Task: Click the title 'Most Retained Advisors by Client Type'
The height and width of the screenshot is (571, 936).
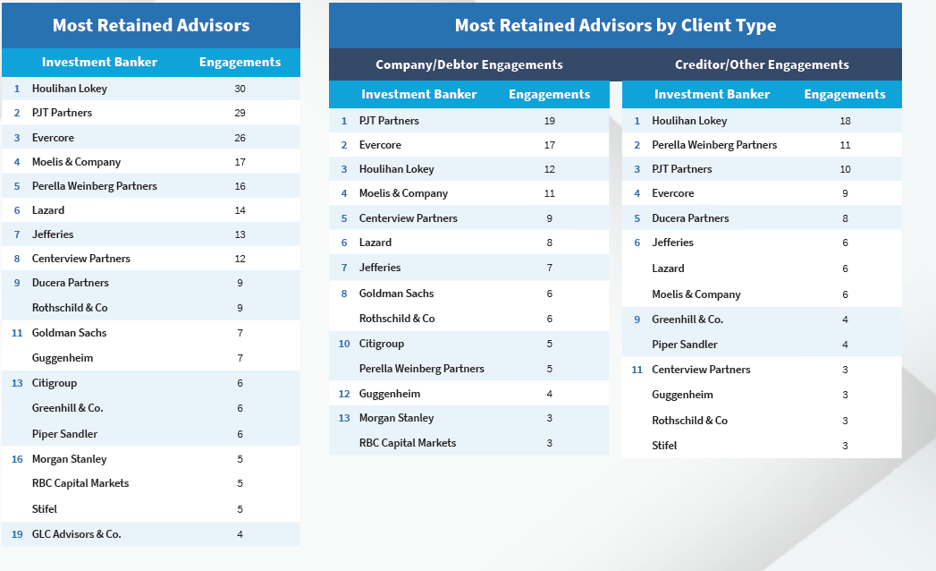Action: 615,25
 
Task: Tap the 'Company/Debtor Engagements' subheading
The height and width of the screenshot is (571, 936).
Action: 468,64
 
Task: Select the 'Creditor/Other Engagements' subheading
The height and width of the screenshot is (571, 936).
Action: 762,64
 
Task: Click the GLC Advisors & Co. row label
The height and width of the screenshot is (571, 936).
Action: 76,534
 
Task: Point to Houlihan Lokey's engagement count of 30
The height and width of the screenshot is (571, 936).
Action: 240,89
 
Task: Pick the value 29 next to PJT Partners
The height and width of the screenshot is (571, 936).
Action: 240,113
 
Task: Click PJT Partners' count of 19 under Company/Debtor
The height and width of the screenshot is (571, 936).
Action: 549,121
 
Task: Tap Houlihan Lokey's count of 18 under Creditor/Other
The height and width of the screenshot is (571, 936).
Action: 845,121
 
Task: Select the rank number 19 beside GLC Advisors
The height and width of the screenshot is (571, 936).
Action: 17,534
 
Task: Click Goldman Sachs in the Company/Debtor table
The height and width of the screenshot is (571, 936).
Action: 397,293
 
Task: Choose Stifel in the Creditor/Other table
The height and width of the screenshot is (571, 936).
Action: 664,446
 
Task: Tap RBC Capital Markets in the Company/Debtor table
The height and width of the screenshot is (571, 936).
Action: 408,443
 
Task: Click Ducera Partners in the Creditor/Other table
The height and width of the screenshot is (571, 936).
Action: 690,218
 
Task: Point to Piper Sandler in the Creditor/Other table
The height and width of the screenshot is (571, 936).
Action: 685,345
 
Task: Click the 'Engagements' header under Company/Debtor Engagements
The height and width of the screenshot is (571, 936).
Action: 549,94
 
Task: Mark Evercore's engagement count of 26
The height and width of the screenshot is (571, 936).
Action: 240,138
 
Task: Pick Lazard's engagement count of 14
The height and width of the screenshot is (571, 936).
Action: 240,210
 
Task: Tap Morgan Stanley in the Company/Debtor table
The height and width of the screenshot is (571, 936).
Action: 396,418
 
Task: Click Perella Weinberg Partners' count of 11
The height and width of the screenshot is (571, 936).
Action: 845,145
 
